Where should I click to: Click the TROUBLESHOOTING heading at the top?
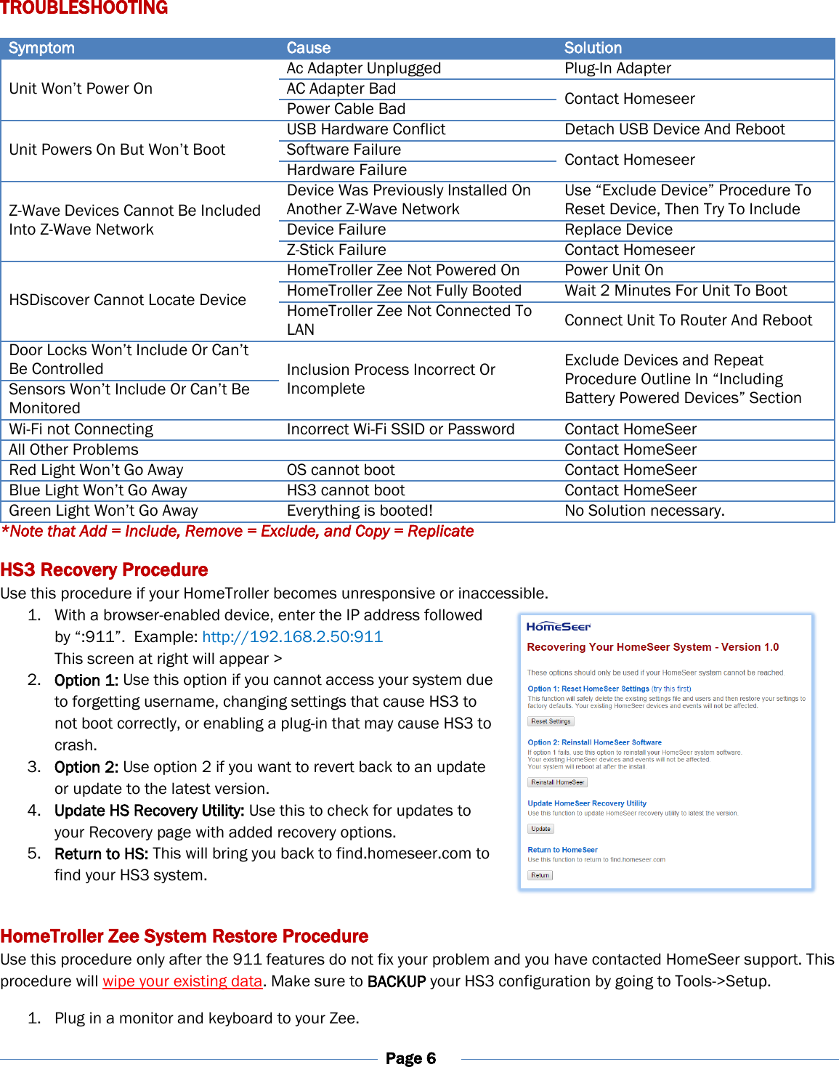pyautogui.click(x=84, y=8)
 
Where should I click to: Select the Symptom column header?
pyautogui.click(x=41, y=48)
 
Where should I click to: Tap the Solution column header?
pyautogui.click(x=593, y=48)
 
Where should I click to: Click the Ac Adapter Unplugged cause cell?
pyautogui.click(x=363, y=68)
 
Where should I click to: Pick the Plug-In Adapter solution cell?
pyautogui.click(x=617, y=68)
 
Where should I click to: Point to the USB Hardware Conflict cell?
pyautogui.click(x=365, y=129)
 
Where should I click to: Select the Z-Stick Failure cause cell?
pyautogui.click(x=336, y=250)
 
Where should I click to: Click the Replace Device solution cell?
pyautogui.click(x=618, y=230)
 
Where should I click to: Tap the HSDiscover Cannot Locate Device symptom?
pyautogui.click(x=127, y=300)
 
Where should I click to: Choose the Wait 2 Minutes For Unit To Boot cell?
pyautogui.click(x=676, y=291)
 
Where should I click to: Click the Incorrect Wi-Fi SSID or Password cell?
pyautogui.click(x=400, y=429)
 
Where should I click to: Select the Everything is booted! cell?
pyautogui.click(x=360, y=511)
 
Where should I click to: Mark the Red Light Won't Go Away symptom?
pyautogui.click(x=96, y=470)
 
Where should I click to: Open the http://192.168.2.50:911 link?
pyautogui.click(x=292, y=637)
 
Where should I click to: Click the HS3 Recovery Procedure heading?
pyautogui.click(x=104, y=569)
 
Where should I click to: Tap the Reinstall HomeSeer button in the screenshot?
pyautogui.click(x=557, y=782)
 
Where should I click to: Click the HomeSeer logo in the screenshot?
pyautogui.click(x=558, y=626)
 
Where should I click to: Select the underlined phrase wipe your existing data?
pyautogui.click(x=182, y=981)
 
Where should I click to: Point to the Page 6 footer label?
pyautogui.click(x=410, y=1058)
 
